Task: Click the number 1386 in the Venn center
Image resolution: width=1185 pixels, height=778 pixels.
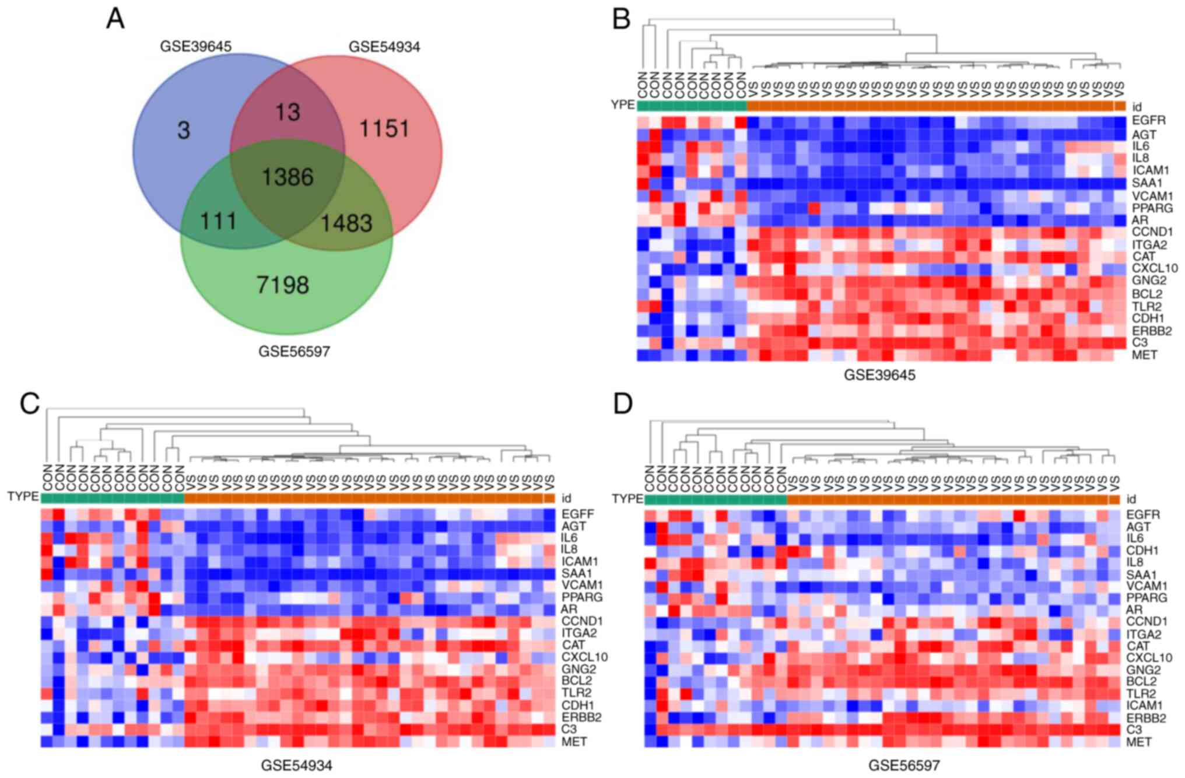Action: click(288, 177)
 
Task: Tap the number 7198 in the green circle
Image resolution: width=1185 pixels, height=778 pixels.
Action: click(283, 285)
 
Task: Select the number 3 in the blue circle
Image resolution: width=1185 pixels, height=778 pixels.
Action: click(183, 131)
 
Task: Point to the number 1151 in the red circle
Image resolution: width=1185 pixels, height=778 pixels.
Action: click(384, 129)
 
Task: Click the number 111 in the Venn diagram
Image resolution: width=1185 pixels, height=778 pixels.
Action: click(218, 222)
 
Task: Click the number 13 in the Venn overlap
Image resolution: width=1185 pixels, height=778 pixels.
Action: click(288, 112)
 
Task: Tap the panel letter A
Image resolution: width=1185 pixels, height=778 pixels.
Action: click(115, 19)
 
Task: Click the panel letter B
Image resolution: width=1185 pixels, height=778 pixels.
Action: click(621, 19)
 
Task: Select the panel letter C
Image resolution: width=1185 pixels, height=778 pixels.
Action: click(30, 403)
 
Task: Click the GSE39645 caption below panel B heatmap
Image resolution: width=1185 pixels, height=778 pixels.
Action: click(879, 375)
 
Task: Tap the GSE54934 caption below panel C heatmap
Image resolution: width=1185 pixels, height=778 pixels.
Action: click(296, 765)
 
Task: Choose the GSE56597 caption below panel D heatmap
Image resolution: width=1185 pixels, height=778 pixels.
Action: click(904, 765)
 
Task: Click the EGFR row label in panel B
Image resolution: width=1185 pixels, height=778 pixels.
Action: click(1148, 121)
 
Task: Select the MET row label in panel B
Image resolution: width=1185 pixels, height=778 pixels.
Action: click(1144, 355)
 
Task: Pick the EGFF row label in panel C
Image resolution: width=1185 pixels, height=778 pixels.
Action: click(578, 514)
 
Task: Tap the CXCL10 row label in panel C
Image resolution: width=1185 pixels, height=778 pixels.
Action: click(584, 657)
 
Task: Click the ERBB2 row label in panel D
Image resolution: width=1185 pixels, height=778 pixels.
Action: click(1146, 718)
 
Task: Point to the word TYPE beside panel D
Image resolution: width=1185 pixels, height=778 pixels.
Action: click(627, 499)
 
